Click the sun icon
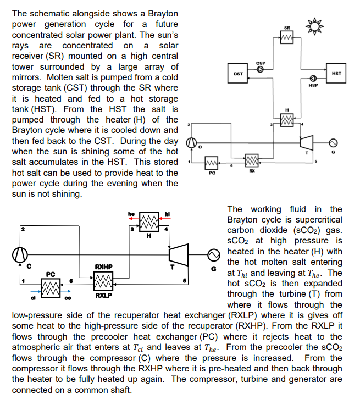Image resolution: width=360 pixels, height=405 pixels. pos(314,26)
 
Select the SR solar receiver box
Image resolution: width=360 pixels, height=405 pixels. pos(287,37)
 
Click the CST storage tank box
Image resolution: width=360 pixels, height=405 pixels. pos(237,73)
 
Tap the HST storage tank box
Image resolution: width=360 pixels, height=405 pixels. pos(336,73)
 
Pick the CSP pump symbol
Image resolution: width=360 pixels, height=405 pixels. pos(260,69)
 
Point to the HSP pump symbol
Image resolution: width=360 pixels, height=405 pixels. pos(313,78)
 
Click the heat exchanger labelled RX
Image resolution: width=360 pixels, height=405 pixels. pos(252,160)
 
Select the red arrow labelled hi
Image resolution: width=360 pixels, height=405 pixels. pos(165,219)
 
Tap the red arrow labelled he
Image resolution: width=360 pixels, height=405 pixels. pos(134,219)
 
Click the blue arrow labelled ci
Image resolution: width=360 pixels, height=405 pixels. pos(36,291)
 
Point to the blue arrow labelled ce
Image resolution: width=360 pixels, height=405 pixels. pos(65,291)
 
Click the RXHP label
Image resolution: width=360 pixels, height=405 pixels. pos(103,267)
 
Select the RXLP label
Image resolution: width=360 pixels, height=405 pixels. pos(103,295)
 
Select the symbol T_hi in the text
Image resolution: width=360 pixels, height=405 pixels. pos(242,273)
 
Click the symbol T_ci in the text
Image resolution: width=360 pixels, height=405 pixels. pos(137,348)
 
